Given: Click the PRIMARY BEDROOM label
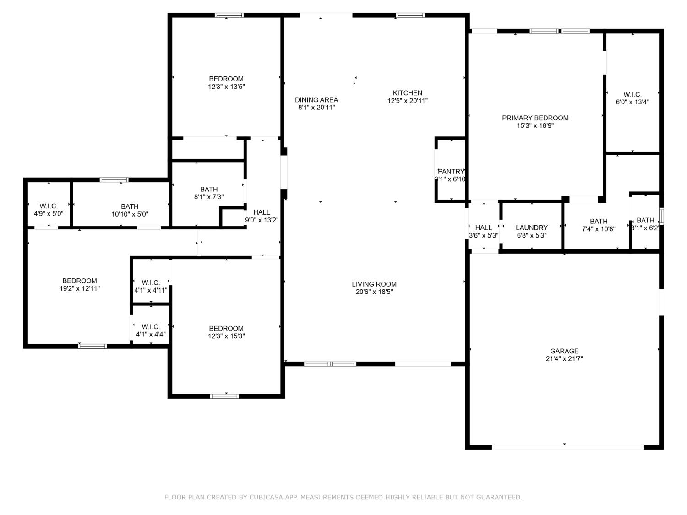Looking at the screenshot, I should click(535, 118).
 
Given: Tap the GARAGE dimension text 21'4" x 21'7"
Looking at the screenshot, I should click(564, 359).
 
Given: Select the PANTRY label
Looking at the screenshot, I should click(451, 172).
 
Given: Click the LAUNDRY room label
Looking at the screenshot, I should click(531, 228).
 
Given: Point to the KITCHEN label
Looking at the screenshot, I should click(407, 93).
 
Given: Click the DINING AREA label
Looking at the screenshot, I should click(316, 100).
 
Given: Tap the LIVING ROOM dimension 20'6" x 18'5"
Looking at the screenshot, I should click(374, 292).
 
